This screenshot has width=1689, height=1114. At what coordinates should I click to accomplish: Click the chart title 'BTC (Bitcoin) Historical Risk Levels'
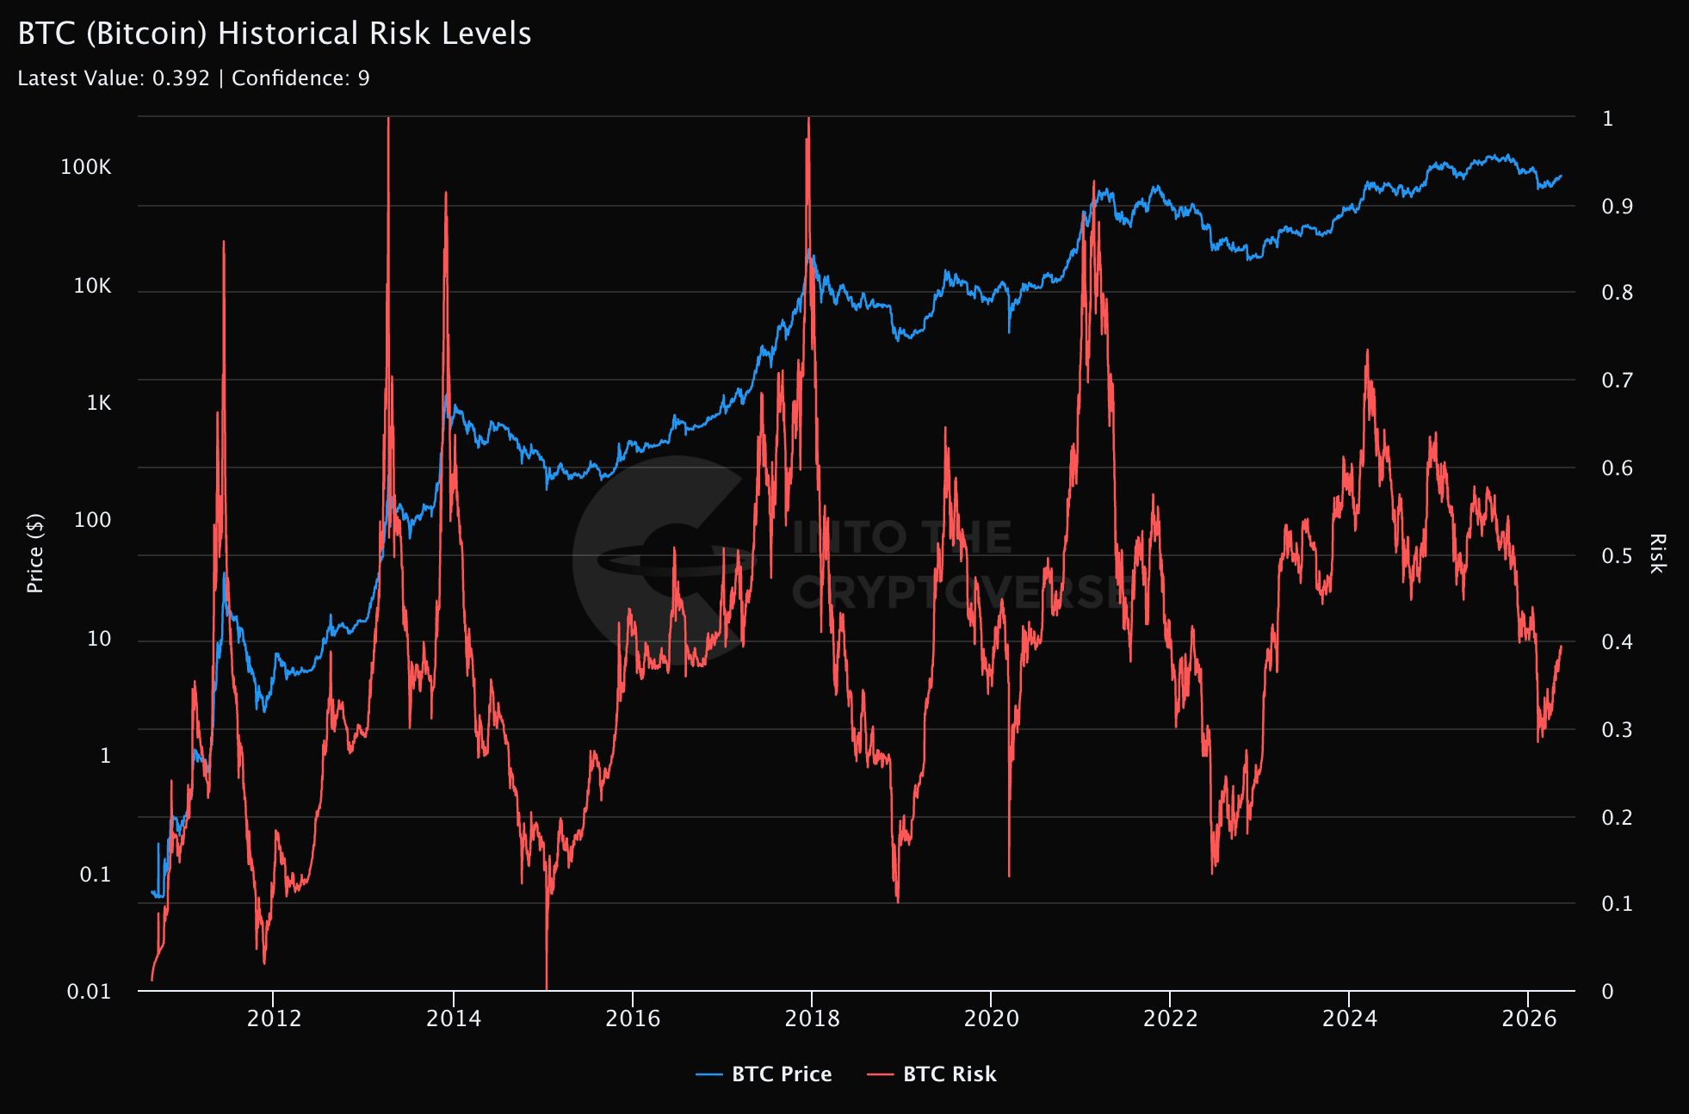coord(275,34)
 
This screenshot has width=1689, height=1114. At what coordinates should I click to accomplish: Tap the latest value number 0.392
coord(181,78)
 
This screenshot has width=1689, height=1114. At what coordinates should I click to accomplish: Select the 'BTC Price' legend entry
coord(764,1074)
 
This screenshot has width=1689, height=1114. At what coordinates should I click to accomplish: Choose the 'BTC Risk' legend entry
coord(931,1074)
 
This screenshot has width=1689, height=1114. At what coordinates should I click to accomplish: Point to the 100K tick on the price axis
coord(86,167)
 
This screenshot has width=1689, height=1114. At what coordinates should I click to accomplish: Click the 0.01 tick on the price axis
coord(90,992)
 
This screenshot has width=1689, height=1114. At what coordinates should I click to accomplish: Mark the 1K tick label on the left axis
coord(99,403)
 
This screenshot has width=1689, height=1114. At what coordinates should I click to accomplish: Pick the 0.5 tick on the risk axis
coord(1617,556)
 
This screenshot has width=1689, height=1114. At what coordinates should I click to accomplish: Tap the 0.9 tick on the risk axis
coord(1617,207)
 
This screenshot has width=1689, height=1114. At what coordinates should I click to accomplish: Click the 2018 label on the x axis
coord(812,1019)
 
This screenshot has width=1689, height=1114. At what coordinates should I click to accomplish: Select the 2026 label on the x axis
coord(1529,1019)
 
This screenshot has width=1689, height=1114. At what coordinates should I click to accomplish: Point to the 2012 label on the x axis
coord(274,1019)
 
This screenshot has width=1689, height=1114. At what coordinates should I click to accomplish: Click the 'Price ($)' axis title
coord(35,554)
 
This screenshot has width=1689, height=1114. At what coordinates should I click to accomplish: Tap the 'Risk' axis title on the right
coord(1657,554)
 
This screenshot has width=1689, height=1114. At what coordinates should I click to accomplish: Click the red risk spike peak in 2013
coord(388,118)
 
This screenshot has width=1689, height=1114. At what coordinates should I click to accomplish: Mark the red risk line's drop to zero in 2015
coord(547,989)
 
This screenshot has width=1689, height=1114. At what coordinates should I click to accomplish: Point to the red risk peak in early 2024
coord(1367,350)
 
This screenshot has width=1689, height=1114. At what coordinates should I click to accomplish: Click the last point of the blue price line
coord(1561,176)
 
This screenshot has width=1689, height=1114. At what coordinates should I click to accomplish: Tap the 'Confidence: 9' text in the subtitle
coord(300,78)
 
